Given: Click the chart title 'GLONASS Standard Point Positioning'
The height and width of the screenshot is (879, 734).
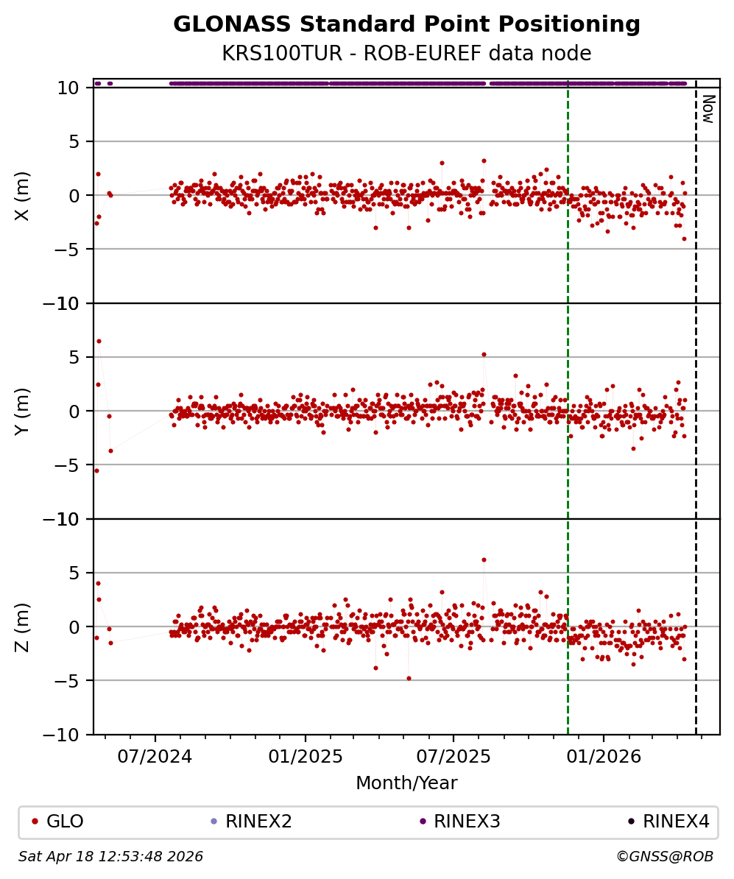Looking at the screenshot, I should [406, 25].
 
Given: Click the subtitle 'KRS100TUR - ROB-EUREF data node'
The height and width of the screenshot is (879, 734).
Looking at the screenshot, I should [406, 54].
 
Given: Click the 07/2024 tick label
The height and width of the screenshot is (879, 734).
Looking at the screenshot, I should [155, 755].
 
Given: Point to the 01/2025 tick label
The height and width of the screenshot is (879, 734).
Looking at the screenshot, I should [305, 755].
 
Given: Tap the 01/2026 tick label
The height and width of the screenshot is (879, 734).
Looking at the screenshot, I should [604, 755].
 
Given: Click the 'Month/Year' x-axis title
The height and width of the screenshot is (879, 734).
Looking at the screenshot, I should [406, 783].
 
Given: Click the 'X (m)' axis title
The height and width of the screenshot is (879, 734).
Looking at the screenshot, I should [23, 195].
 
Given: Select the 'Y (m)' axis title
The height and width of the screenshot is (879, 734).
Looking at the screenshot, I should [23, 411].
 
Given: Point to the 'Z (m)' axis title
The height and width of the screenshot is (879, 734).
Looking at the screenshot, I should [23, 626].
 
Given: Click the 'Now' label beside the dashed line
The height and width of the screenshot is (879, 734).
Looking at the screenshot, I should [707, 108].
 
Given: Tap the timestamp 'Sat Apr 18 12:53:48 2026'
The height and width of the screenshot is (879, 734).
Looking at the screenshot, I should [110, 857].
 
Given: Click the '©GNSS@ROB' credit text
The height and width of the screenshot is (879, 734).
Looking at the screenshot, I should [664, 857].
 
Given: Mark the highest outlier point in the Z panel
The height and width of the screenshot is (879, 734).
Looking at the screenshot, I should [484, 559].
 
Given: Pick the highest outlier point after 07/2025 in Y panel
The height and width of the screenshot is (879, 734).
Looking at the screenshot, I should [484, 354].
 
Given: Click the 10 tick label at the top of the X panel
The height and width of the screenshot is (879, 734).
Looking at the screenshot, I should [68, 88].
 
